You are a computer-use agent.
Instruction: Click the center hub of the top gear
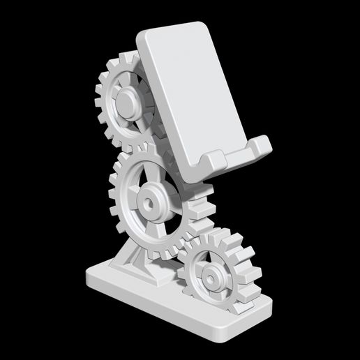click(126, 104)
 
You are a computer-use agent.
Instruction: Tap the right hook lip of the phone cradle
click(262, 146)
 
